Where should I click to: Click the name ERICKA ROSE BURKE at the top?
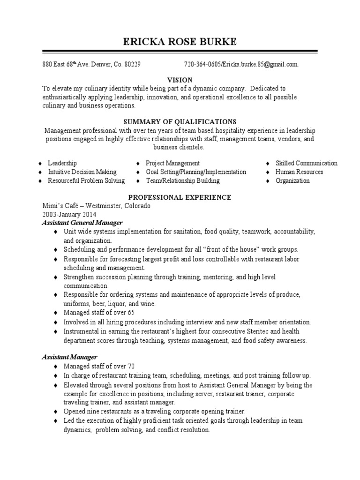coord(180,42)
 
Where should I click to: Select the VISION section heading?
coord(180,79)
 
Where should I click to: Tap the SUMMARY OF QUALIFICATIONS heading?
coord(180,121)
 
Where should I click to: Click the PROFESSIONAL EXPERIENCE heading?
coord(180,197)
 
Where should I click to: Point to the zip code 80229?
coord(132,64)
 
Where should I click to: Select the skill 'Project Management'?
coord(172,163)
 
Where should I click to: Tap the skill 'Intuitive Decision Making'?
coord(82,172)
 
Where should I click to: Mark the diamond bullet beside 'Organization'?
coord(267,181)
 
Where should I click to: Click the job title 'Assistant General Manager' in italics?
coord(82,223)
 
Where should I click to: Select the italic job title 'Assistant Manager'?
coord(69,357)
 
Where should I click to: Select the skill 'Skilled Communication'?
coord(306,163)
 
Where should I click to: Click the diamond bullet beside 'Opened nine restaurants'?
coord(55,411)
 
